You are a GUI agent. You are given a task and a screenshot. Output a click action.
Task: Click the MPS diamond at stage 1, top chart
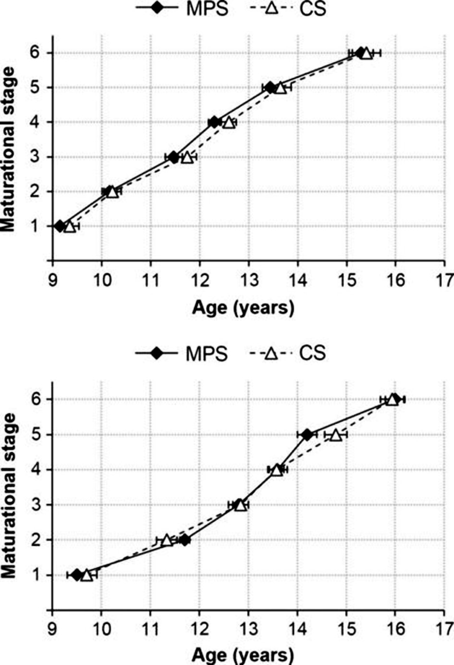click(60, 226)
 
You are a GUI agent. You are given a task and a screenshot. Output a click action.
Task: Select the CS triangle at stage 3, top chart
click(187, 157)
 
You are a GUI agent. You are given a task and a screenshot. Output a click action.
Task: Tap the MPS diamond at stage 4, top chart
click(215, 122)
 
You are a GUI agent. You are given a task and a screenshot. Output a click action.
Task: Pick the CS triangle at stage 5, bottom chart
click(335, 435)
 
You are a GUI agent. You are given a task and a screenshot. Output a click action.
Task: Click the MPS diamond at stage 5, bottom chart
click(307, 434)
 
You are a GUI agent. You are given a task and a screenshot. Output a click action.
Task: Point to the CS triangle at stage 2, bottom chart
click(166, 540)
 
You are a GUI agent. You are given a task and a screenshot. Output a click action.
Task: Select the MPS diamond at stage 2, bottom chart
click(184, 540)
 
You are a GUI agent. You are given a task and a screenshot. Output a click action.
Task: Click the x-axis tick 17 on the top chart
click(444, 280)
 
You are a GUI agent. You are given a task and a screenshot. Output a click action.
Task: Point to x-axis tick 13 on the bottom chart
click(248, 628)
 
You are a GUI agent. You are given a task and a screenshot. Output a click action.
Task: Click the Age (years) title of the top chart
click(243, 308)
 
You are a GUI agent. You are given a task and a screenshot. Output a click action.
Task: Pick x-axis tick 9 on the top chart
click(52, 280)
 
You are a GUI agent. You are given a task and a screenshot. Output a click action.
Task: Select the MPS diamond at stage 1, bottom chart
click(77, 575)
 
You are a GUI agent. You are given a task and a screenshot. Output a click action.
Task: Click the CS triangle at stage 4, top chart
click(229, 123)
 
